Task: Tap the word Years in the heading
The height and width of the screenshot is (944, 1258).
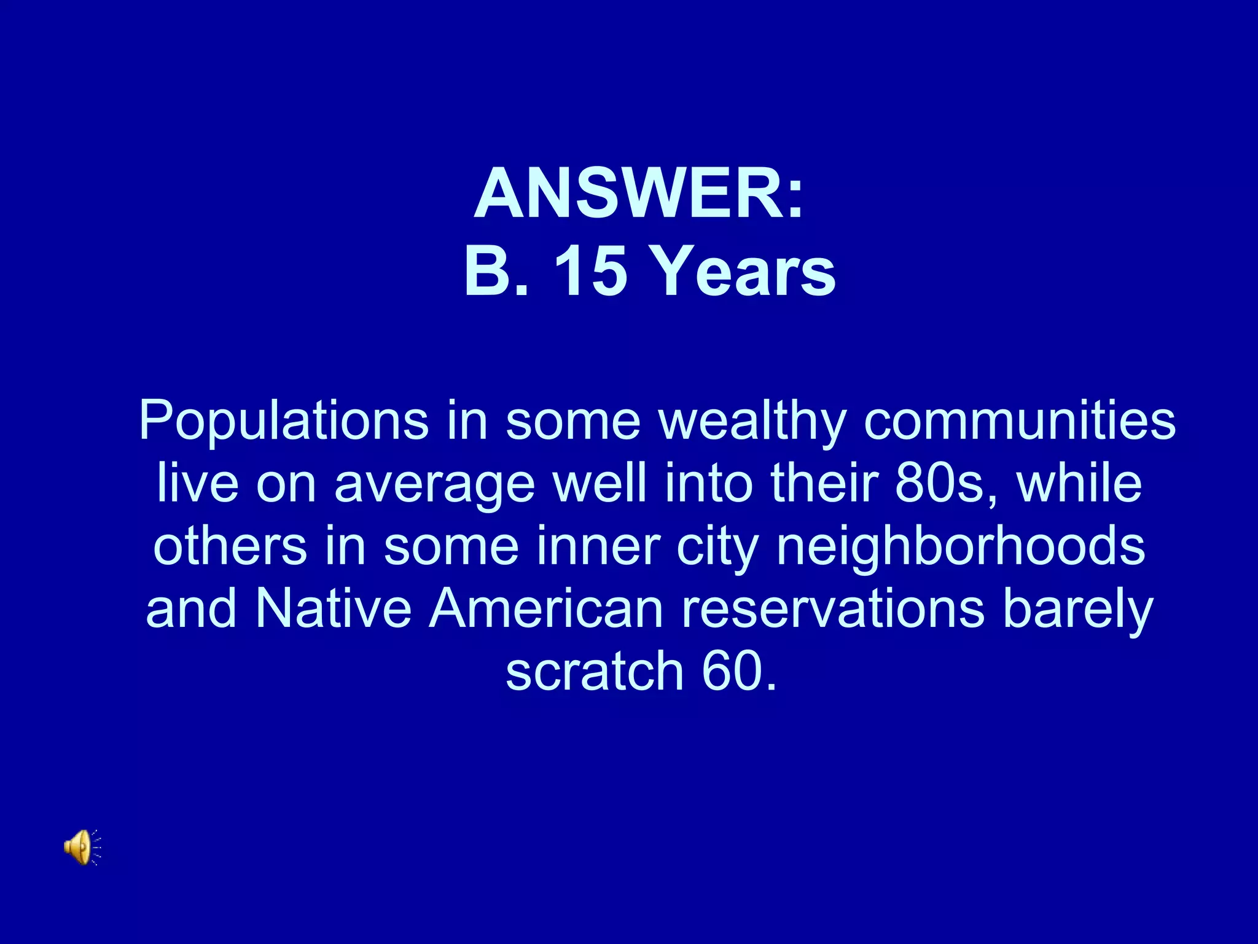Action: [743, 271]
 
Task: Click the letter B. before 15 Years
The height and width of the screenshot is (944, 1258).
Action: [496, 271]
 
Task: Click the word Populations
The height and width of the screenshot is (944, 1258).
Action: [283, 422]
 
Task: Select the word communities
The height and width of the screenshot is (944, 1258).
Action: [1019, 422]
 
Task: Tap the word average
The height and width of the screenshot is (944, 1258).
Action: [434, 485]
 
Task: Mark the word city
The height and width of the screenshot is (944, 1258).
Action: [717, 546]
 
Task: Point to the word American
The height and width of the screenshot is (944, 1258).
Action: [546, 609]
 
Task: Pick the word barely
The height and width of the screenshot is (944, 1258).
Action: [1078, 609]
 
